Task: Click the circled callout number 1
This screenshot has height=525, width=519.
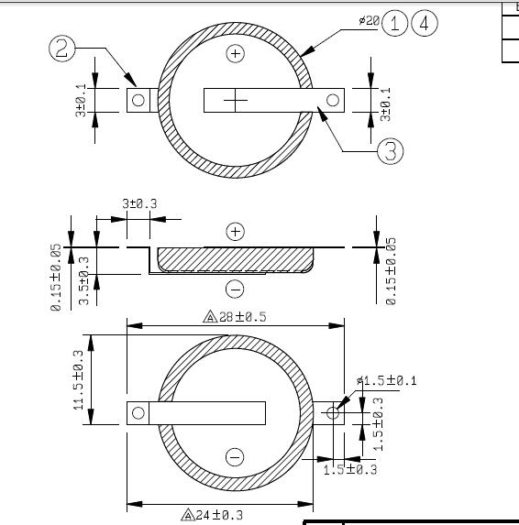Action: [x=394, y=23]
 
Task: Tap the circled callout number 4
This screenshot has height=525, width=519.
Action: [x=425, y=23]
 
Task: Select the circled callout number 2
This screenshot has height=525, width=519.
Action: [x=62, y=49]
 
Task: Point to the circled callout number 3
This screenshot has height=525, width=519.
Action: [x=391, y=151]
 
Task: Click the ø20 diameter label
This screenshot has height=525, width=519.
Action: [x=370, y=21]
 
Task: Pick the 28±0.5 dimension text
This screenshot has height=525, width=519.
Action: [x=243, y=317]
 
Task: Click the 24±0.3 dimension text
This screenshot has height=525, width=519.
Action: [x=219, y=515]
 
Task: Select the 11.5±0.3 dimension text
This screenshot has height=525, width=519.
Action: [x=79, y=379]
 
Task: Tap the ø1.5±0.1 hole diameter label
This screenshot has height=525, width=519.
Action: [x=387, y=380]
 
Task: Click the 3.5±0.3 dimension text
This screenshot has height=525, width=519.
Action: [x=84, y=280]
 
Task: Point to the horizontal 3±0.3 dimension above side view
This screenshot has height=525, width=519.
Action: [x=139, y=203]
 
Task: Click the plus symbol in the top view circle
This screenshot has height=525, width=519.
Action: [x=236, y=53]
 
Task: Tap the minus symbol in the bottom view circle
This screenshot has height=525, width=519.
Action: [x=235, y=457]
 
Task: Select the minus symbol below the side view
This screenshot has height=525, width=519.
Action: [x=235, y=289]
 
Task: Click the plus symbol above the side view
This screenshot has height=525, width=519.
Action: [x=236, y=232]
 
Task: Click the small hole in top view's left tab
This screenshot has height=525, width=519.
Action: [x=138, y=100]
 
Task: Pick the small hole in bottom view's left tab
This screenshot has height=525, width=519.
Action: [x=138, y=413]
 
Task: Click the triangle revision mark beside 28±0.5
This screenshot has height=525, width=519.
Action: [x=210, y=317]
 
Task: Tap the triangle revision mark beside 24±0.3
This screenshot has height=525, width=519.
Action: [x=188, y=515]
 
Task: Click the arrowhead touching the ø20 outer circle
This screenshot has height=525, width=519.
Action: [x=307, y=50]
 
